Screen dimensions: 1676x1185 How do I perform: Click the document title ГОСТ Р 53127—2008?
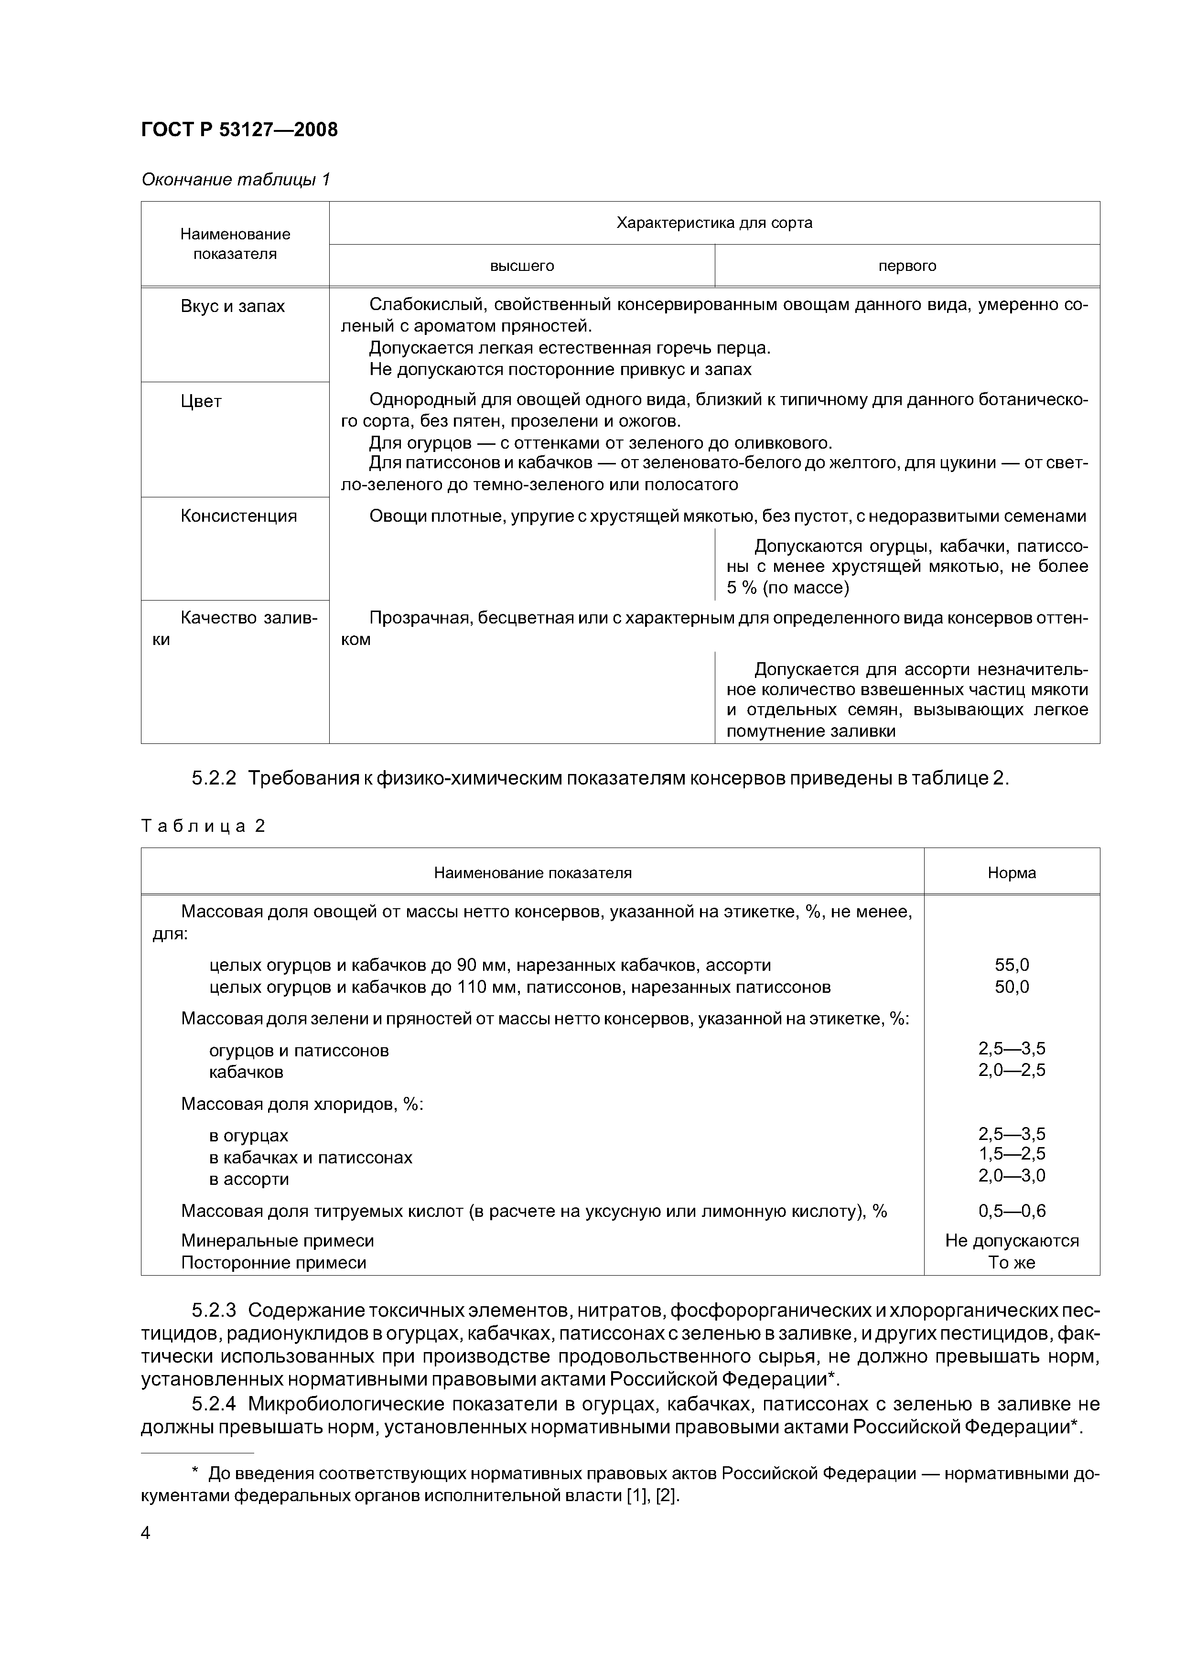(x=239, y=130)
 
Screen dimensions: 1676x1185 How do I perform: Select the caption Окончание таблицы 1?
(x=235, y=180)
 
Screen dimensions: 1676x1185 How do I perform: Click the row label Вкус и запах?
(x=232, y=307)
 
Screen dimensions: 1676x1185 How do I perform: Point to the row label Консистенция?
(x=239, y=516)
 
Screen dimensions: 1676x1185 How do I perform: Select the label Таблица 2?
(x=203, y=826)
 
